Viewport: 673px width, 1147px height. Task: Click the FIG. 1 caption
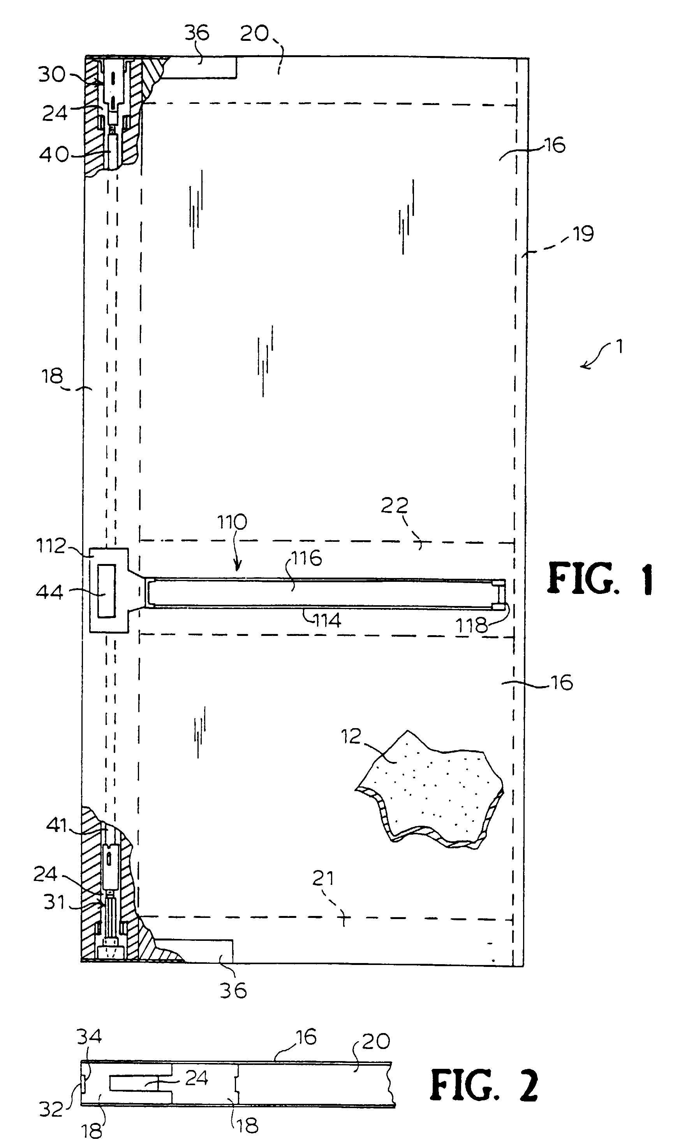click(600, 579)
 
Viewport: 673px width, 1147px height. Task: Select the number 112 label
click(52, 546)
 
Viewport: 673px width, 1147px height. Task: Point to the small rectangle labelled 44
click(106, 591)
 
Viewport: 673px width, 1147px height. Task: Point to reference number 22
click(395, 506)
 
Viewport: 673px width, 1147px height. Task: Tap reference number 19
click(583, 234)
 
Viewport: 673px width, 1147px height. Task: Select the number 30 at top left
click(52, 74)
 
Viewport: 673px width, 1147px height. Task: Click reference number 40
click(54, 155)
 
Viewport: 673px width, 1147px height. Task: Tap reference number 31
click(55, 902)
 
